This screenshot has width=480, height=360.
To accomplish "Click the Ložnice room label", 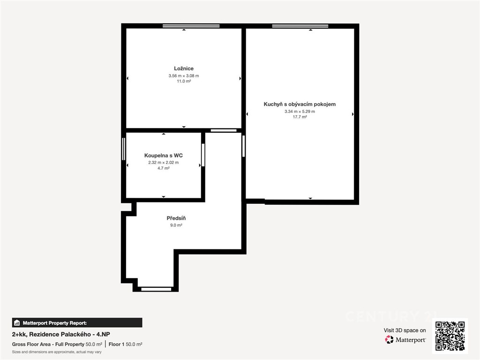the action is pyautogui.click(x=184, y=68).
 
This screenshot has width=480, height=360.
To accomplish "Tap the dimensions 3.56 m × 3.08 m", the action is pyautogui.click(x=184, y=75).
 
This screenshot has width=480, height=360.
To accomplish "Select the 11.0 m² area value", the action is pyautogui.click(x=184, y=81).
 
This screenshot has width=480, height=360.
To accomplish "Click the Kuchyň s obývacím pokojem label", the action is pyautogui.click(x=300, y=104).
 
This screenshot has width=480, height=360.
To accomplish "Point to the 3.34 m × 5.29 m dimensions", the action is pyautogui.click(x=300, y=112).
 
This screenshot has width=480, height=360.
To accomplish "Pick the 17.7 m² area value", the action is pyautogui.click(x=300, y=117).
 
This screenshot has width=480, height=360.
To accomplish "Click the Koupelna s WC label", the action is pyautogui.click(x=164, y=156).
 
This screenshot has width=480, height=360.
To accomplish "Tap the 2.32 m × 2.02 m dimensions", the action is pyautogui.click(x=164, y=163).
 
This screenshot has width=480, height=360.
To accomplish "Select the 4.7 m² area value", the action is pyautogui.click(x=164, y=168).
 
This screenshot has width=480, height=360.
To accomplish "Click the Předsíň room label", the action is pyautogui.click(x=176, y=218).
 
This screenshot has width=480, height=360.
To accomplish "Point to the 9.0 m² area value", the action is pyautogui.click(x=176, y=225).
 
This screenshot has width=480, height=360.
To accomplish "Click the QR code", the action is pyautogui.click(x=450, y=336).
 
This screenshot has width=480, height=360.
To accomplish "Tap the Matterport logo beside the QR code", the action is pyautogui.click(x=405, y=339).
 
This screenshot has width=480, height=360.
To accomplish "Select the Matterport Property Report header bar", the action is pyautogui.click(x=77, y=322).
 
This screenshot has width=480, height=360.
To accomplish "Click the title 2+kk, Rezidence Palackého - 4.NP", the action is pyautogui.click(x=61, y=334).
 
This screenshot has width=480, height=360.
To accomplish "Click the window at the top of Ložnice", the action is pyautogui.click(x=191, y=26).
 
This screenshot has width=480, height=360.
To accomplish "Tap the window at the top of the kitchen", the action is pyautogui.click(x=300, y=26).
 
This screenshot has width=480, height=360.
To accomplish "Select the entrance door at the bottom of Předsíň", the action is pyautogui.click(x=156, y=289).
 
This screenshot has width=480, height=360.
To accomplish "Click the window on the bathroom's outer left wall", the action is pyautogui.click(x=124, y=149).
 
